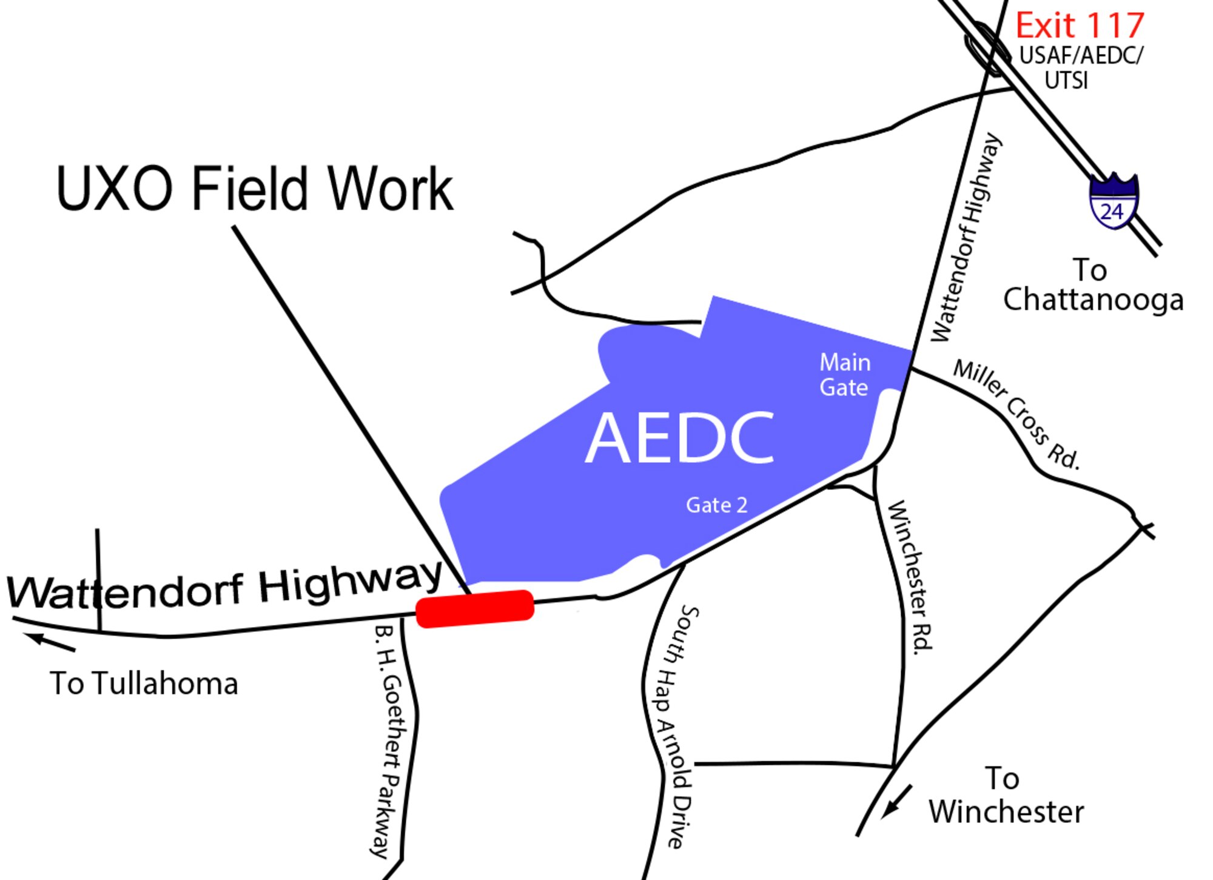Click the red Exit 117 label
(x=1080, y=25)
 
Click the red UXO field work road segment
(x=475, y=608)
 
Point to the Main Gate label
(x=845, y=375)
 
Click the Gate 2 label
(x=716, y=505)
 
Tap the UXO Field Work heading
(x=254, y=189)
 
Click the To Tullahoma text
(x=144, y=684)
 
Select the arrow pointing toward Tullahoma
(x=49, y=642)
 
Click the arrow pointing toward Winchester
(x=896, y=801)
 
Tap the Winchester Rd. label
(x=910, y=575)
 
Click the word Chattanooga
(x=1093, y=300)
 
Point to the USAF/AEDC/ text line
(x=1081, y=55)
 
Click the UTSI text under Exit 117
(x=1066, y=80)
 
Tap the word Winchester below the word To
(x=1006, y=812)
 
